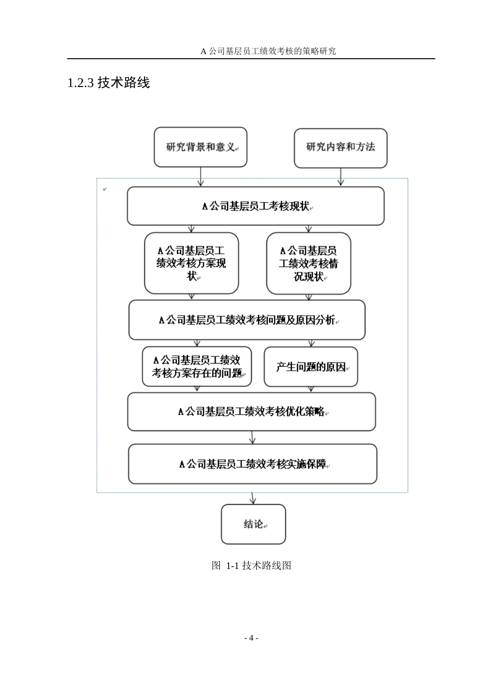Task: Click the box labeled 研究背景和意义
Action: (x=200, y=147)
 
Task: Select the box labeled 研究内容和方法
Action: (x=340, y=148)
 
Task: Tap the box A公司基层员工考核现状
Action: (x=255, y=206)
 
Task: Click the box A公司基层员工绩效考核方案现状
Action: (x=191, y=263)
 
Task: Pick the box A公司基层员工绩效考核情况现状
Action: (x=308, y=263)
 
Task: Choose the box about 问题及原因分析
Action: (x=247, y=320)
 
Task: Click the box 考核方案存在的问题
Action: (x=197, y=367)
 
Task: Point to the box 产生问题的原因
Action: (x=310, y=367)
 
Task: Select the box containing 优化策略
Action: (x=251, y=411)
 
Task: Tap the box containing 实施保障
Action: (x=252, y=464)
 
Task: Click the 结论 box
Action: (x=253, y=524)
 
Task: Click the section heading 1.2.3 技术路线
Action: (x=109, y=82)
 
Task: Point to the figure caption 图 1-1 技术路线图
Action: (x=251, y=565)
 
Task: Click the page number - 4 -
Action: (x=251, y=638)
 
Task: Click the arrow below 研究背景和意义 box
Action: (x=201, y=177)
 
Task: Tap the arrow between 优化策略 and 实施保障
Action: (x=252, y=438)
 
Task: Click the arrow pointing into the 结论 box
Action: (x=253, y=498)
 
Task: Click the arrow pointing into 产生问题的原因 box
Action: (x=311, y=343)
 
